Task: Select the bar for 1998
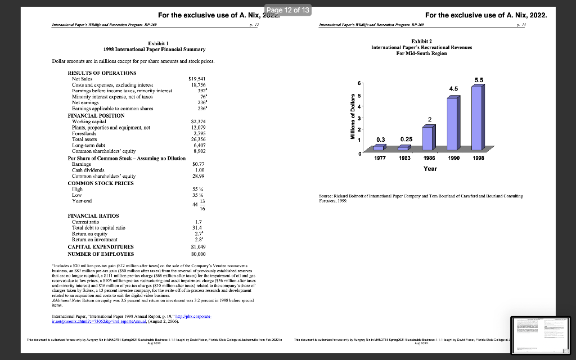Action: click(476, 118)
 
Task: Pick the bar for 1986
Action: click(428, 138)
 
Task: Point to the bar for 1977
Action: click(380, 148)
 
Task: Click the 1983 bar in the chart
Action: click(404, 148)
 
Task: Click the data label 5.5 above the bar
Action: click(479, 80)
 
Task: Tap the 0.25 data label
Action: click(406, 138)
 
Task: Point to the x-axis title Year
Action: click(430, 168)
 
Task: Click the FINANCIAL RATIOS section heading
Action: click(93, 215)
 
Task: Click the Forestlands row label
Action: click(85, 134)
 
